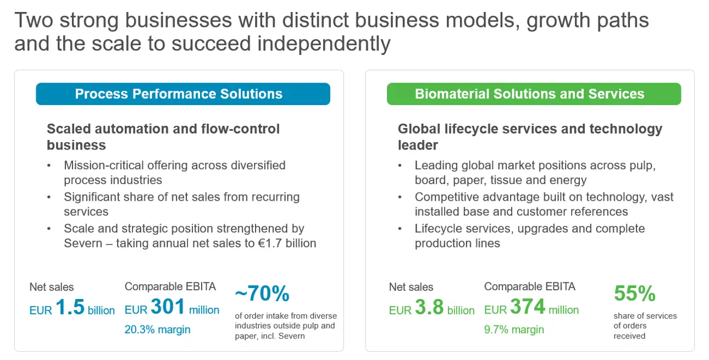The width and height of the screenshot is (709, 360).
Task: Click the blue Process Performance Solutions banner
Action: [183, 94]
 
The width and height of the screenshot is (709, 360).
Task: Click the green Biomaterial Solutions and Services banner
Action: [534, 94]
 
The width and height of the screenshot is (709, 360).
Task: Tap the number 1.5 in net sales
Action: [70, 307]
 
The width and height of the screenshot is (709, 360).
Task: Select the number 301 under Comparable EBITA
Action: [168, 306]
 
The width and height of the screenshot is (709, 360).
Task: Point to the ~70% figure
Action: [262, 293]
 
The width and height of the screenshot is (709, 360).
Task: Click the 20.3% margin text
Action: [157, 330]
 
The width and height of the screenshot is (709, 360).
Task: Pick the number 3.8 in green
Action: [429, 307]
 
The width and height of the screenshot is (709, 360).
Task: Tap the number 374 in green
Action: [528, 306]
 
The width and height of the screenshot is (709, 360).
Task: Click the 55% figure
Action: [635, 293]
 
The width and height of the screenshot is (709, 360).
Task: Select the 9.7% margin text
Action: [514, 330]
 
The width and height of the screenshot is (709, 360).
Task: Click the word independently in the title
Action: [324, 43]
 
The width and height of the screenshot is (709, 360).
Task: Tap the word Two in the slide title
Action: [34, 20]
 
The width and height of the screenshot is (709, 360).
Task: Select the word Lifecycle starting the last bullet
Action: [439, 229]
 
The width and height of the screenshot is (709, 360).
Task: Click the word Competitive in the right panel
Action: [447, 197]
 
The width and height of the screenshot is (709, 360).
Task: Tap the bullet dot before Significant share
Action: [49, 197]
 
